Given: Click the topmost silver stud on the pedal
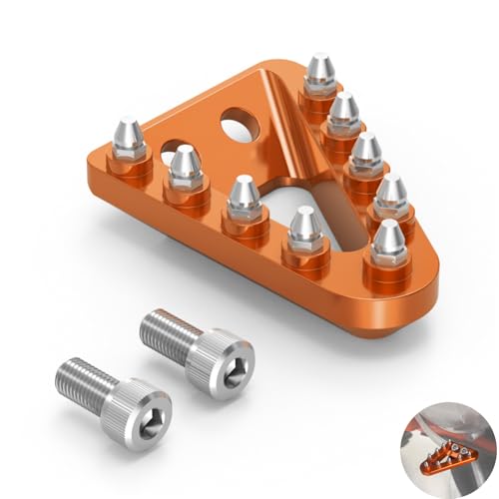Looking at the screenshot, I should point(320,70).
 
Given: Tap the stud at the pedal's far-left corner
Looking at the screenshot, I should point(131,136).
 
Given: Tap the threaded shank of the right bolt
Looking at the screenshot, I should point(165,328).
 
